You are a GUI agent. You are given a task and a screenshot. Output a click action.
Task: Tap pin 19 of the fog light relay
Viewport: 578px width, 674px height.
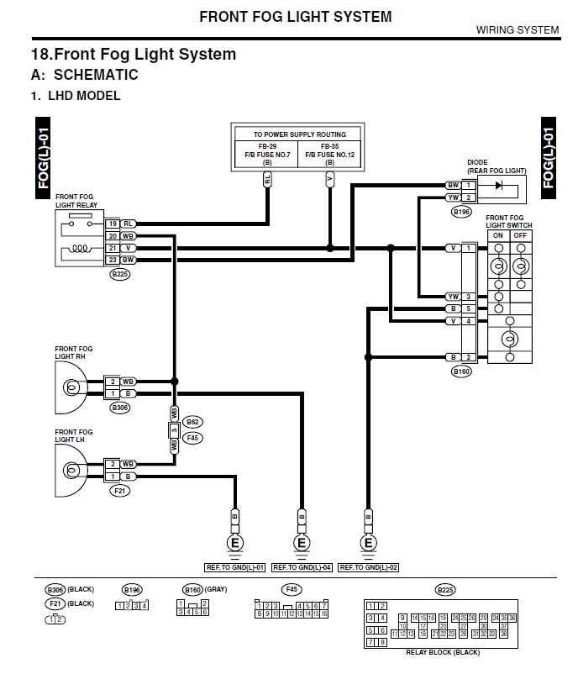click(113, 224)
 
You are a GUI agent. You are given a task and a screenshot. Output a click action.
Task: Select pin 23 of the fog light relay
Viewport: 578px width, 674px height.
click(113, 261)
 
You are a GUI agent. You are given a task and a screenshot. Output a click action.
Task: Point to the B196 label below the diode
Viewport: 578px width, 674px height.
click(461, 212)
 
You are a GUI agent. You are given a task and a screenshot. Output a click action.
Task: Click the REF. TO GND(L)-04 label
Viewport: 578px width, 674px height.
click(301, 567)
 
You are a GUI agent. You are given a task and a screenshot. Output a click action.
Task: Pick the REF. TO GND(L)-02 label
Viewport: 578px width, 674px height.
click(368, 567)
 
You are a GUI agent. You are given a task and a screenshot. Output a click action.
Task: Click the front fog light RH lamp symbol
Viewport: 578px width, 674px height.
click(72, 387)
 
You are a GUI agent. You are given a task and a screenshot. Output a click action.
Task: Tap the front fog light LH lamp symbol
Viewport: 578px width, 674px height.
click(72, 469)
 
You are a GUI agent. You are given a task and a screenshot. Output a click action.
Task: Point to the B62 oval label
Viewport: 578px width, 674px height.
click(195, 422)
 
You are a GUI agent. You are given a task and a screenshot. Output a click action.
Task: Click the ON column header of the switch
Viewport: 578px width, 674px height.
click(498, 235)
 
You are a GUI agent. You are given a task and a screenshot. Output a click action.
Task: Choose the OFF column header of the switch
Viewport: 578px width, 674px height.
click(521, 235)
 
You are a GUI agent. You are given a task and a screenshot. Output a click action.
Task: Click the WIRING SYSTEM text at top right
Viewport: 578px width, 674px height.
click(517, 30)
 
